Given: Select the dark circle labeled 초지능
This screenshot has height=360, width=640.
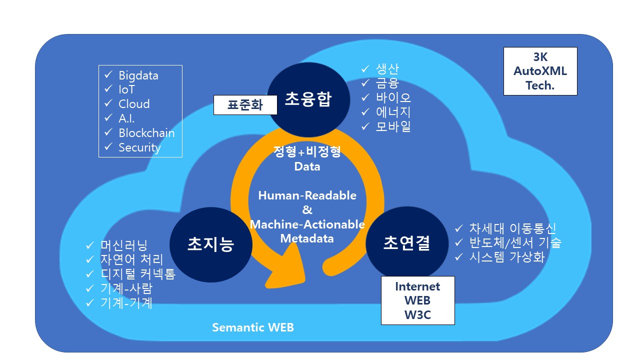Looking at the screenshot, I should [x=210, y=244].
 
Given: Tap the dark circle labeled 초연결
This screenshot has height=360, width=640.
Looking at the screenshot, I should [x=406, y=243].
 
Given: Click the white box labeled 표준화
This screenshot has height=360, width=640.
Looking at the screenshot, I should [x=245, y=105].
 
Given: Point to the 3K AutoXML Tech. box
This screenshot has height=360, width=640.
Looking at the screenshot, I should [x=540, y=71].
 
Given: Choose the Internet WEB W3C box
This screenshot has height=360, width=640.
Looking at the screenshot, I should [x=417, y=300].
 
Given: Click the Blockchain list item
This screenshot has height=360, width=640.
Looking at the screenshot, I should [x=146, y=133].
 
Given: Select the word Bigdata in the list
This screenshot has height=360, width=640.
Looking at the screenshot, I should [x=138, y=75].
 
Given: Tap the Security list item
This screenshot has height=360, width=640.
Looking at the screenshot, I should [x=139, y=147].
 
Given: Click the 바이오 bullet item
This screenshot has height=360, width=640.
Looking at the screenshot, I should [x=393, y=97].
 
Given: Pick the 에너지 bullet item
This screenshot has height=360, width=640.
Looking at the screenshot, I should [x=393, y=112].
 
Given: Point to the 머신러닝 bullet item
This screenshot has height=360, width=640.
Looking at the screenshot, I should [x=124, y=245].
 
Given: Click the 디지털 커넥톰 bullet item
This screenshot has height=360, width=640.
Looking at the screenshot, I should [x=138, y=274].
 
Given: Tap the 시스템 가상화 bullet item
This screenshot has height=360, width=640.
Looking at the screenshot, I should [x=506, y=257].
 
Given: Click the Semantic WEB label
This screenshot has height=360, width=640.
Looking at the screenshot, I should [x=253, y=327].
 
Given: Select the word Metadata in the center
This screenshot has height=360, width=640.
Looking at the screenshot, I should [x=307, y=238].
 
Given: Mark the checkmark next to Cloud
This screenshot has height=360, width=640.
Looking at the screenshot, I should [x=108, y=104].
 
